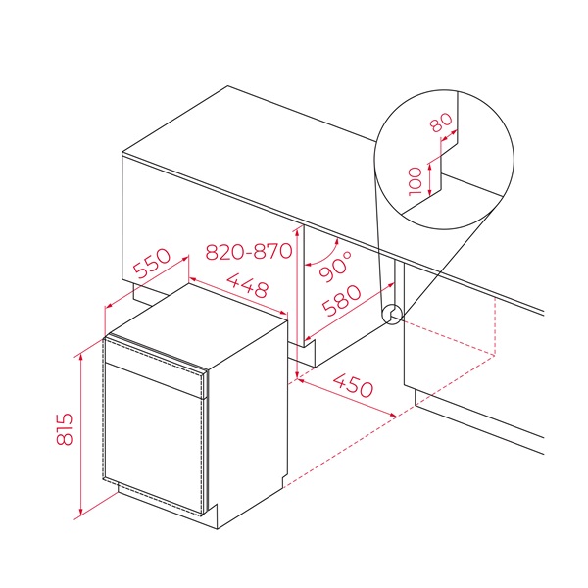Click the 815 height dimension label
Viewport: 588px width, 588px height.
click(x=65, y=429)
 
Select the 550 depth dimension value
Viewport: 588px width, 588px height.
click(x=152, y=264)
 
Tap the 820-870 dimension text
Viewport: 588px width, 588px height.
click(x=249, y=251)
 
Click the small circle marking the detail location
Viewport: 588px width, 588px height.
click(x=391, y=315)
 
